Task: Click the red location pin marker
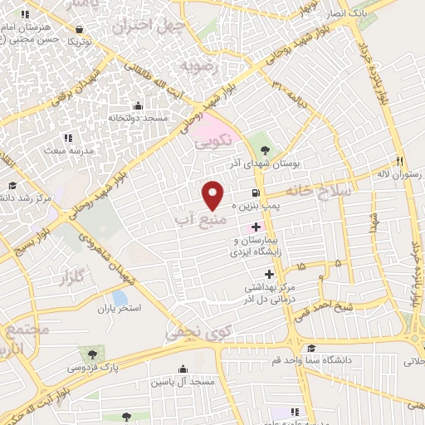[213, 194]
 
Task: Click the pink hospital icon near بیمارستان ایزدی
[256, 227]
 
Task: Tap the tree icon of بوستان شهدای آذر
[265, 150]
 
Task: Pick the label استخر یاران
[119, 308]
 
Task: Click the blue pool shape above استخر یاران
[120, 296]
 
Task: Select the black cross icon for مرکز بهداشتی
[268, 274]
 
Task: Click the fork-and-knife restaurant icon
[399, 161]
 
